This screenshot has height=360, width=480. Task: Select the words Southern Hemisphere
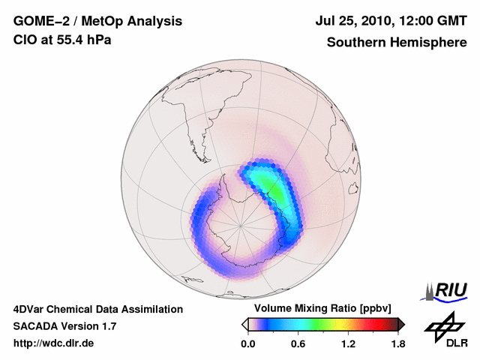[396, 42]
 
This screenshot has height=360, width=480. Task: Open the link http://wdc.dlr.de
[54, 343]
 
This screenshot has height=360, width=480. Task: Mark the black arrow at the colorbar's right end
[401, 324]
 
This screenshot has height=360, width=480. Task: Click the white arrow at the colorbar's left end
[244, 324]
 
